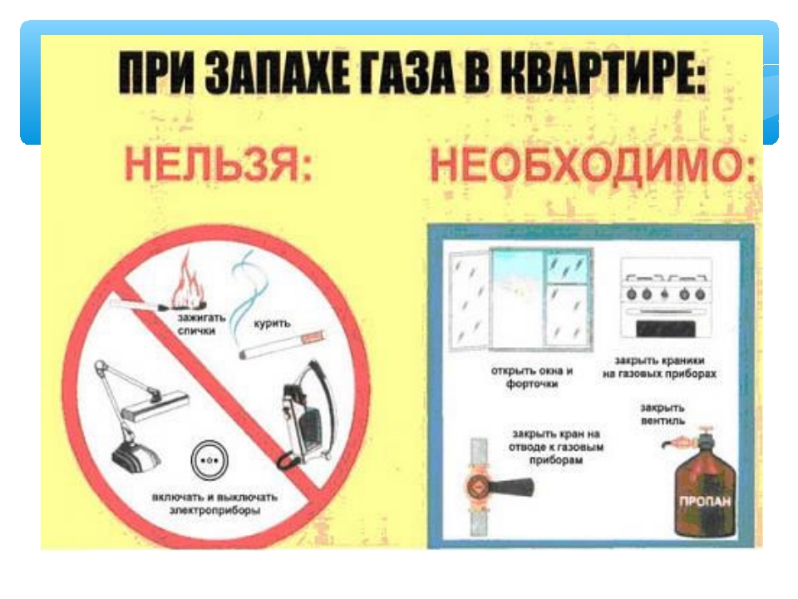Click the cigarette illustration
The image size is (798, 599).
(282, 344)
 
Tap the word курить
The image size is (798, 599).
(272, 323)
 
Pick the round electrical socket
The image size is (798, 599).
(209, 460)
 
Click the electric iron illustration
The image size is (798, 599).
(308, 415)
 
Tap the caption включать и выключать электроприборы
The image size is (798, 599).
(214, 503)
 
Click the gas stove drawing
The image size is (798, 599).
(665, 299)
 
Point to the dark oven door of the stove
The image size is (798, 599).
(665, 328)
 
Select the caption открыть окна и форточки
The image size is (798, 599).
(532, 377)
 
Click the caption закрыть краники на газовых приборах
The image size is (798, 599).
(659, 367)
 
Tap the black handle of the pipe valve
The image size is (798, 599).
(511, 488)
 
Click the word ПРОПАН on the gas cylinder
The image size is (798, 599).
(704, 501)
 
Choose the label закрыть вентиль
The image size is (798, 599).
(663, 414)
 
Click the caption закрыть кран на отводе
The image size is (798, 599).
(556, 447)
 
